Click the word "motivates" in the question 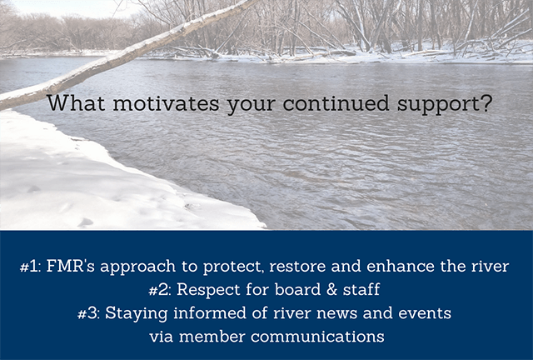tap(166, 103)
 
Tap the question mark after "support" tap(486, 103)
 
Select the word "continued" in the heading tap(336, 103)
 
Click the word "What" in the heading tap(76, 103)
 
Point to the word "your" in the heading tap(251, 105)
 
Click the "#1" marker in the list tap(30, 267)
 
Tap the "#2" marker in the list tap(161, 290)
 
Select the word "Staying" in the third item tap(136, 314)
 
